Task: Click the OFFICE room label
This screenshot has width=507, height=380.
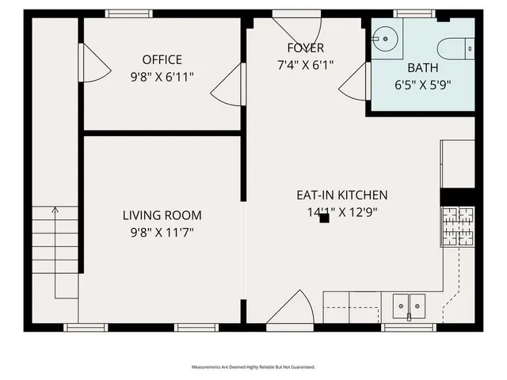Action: [x=162, y=59]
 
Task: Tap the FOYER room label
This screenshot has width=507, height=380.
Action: [x=305, y=48]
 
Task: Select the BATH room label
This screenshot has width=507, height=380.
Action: [x=423, y=67]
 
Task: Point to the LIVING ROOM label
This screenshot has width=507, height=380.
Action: [x=162, y=215]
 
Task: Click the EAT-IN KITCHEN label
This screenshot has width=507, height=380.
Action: [x=341, y=195]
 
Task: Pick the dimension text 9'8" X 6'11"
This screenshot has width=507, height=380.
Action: [x=162, y=77]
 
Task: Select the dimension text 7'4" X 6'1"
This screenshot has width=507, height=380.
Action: [x=305, y=65]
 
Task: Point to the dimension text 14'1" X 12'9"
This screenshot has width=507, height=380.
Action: [x=341, y=211]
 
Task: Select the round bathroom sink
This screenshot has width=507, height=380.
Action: [x=386, y=37]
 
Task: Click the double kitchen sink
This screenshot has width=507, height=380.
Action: [x=409, y=304]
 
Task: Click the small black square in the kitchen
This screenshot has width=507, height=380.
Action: [x=324, y=218]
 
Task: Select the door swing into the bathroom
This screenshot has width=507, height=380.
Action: [x=354, y=82]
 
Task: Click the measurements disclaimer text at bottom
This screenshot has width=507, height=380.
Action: [x=253, y=367]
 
